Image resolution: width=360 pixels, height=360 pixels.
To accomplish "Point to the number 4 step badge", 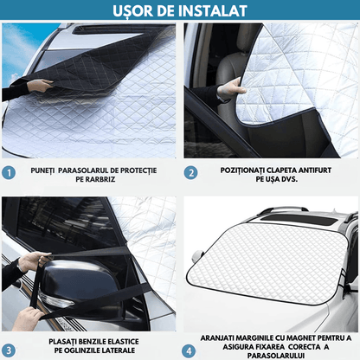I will pyautogui.click(x=190, y=350).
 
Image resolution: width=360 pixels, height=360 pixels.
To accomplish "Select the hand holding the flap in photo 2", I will pyautogui.click(x=229, y=89).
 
